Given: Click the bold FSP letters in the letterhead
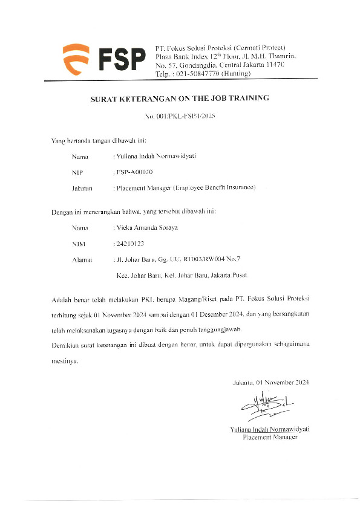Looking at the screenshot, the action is (x=122, y=59).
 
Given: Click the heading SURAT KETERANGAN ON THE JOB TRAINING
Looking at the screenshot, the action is (x=179, y=98).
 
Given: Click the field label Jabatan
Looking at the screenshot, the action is (x=82, y=187).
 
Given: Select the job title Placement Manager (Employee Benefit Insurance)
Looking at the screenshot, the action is (x=185, y=187).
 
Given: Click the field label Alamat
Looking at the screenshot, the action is (x=82, y=259).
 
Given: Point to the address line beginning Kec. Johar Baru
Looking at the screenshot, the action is (x=181, y=275).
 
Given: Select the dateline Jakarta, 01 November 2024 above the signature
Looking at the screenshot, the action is (x=271, y=383).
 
